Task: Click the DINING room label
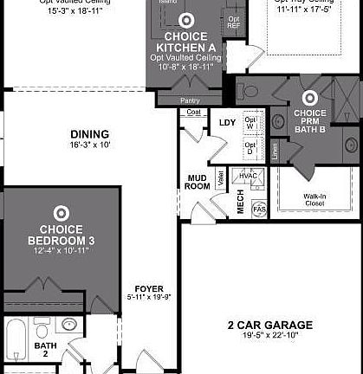tap(90, 134)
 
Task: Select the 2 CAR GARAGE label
tap(269, 325)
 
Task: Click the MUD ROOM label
tap(198, 182)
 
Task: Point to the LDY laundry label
tap(227, 122)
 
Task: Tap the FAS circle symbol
tap(258, 209)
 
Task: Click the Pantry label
tap(190, 100)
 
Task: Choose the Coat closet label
tap(193, 112)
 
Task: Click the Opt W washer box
tap(251, 122)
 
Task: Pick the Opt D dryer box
tap(251, 149)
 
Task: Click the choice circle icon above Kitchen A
tap(186, 19)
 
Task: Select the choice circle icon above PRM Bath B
tap(309, 98)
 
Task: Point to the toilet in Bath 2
tap(42, 330)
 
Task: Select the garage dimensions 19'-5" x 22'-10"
tap(269, 337)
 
